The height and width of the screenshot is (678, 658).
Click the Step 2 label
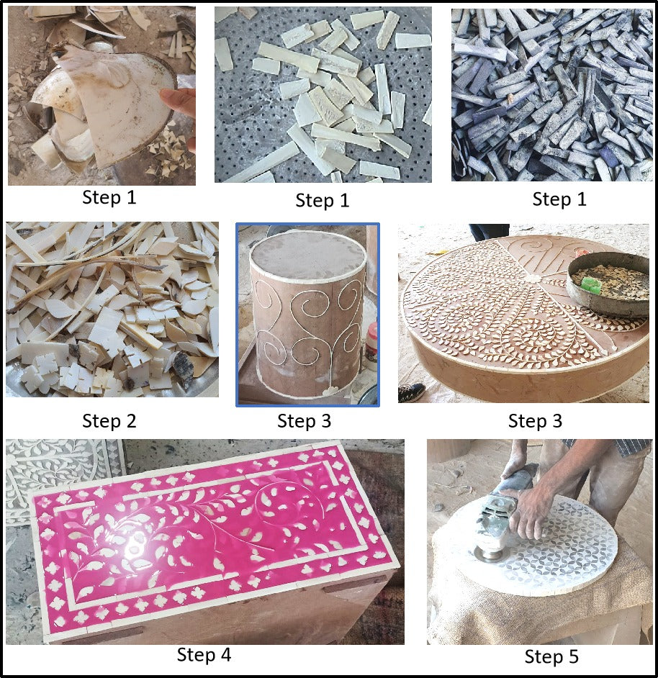[x=109, y=420]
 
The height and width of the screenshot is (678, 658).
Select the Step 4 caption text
[x=204, y=655]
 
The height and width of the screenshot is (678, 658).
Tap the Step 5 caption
[x=551, y=656]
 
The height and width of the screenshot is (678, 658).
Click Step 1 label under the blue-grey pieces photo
[x=559, y=199]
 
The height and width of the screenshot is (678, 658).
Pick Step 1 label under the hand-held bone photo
[x=109, y=197]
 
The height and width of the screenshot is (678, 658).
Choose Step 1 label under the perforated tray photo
[x=322, y=201]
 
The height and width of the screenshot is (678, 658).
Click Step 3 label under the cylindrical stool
[x=304, y=420]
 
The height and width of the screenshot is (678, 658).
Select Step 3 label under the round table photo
[x=535, y=420]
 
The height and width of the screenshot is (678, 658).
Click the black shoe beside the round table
[x=410, y=392]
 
